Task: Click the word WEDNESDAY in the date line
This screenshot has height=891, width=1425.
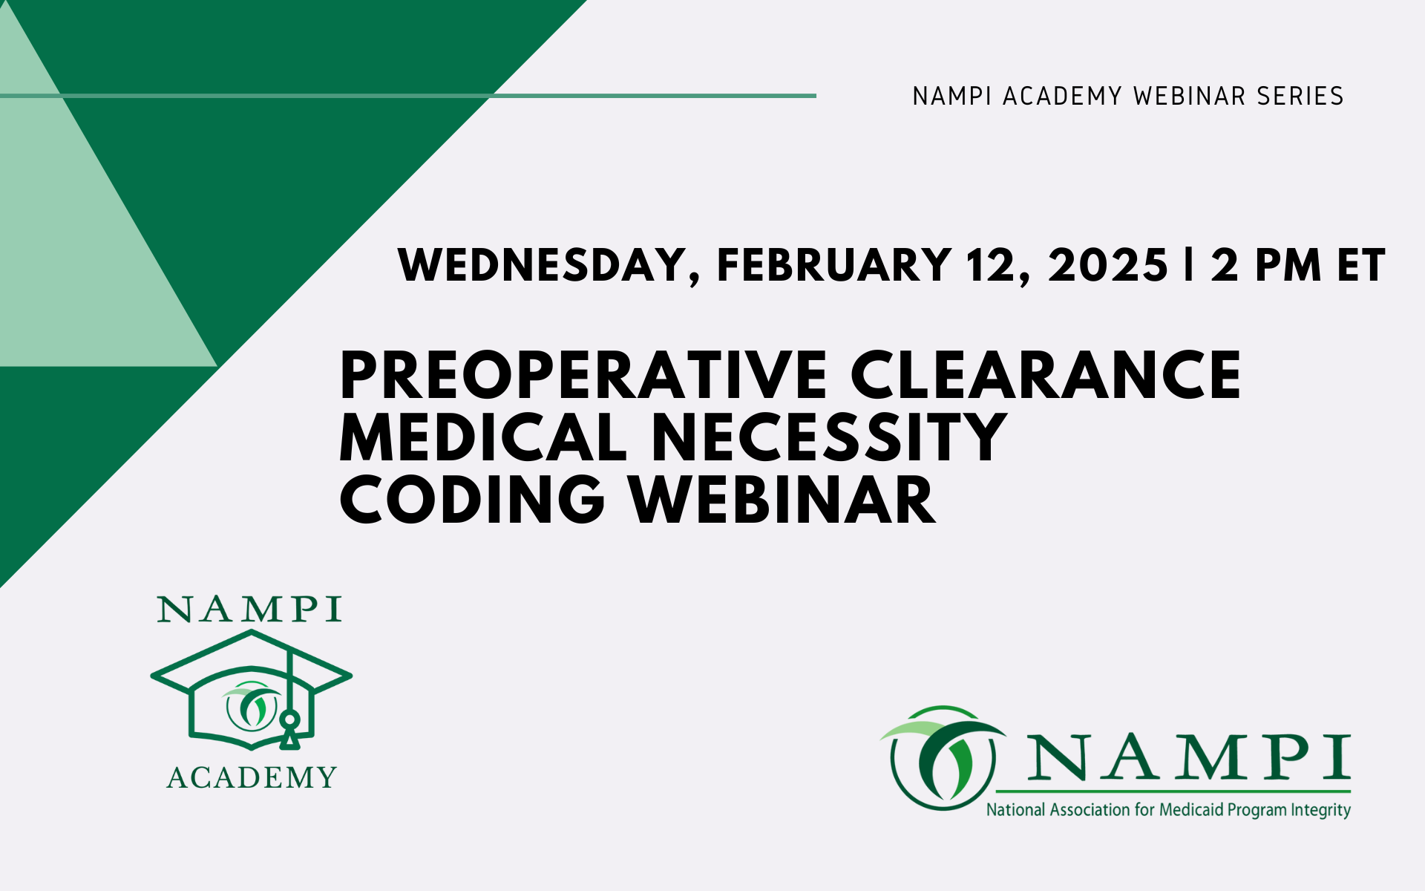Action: tap(543, 266)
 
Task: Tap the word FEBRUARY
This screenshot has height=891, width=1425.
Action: tap(834, 264)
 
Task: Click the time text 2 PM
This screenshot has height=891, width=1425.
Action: tap(1265, 265)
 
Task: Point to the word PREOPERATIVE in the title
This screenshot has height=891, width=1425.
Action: tap(583, 375)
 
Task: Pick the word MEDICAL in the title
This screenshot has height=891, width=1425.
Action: tap(484, 437)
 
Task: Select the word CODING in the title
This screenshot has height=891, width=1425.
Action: tap(473, 500)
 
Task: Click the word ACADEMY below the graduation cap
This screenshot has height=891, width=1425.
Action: tap(252, 777)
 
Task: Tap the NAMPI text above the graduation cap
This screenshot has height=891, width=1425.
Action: tap(249, 610)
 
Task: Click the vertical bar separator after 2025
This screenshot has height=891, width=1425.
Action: tap(1190, 264)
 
